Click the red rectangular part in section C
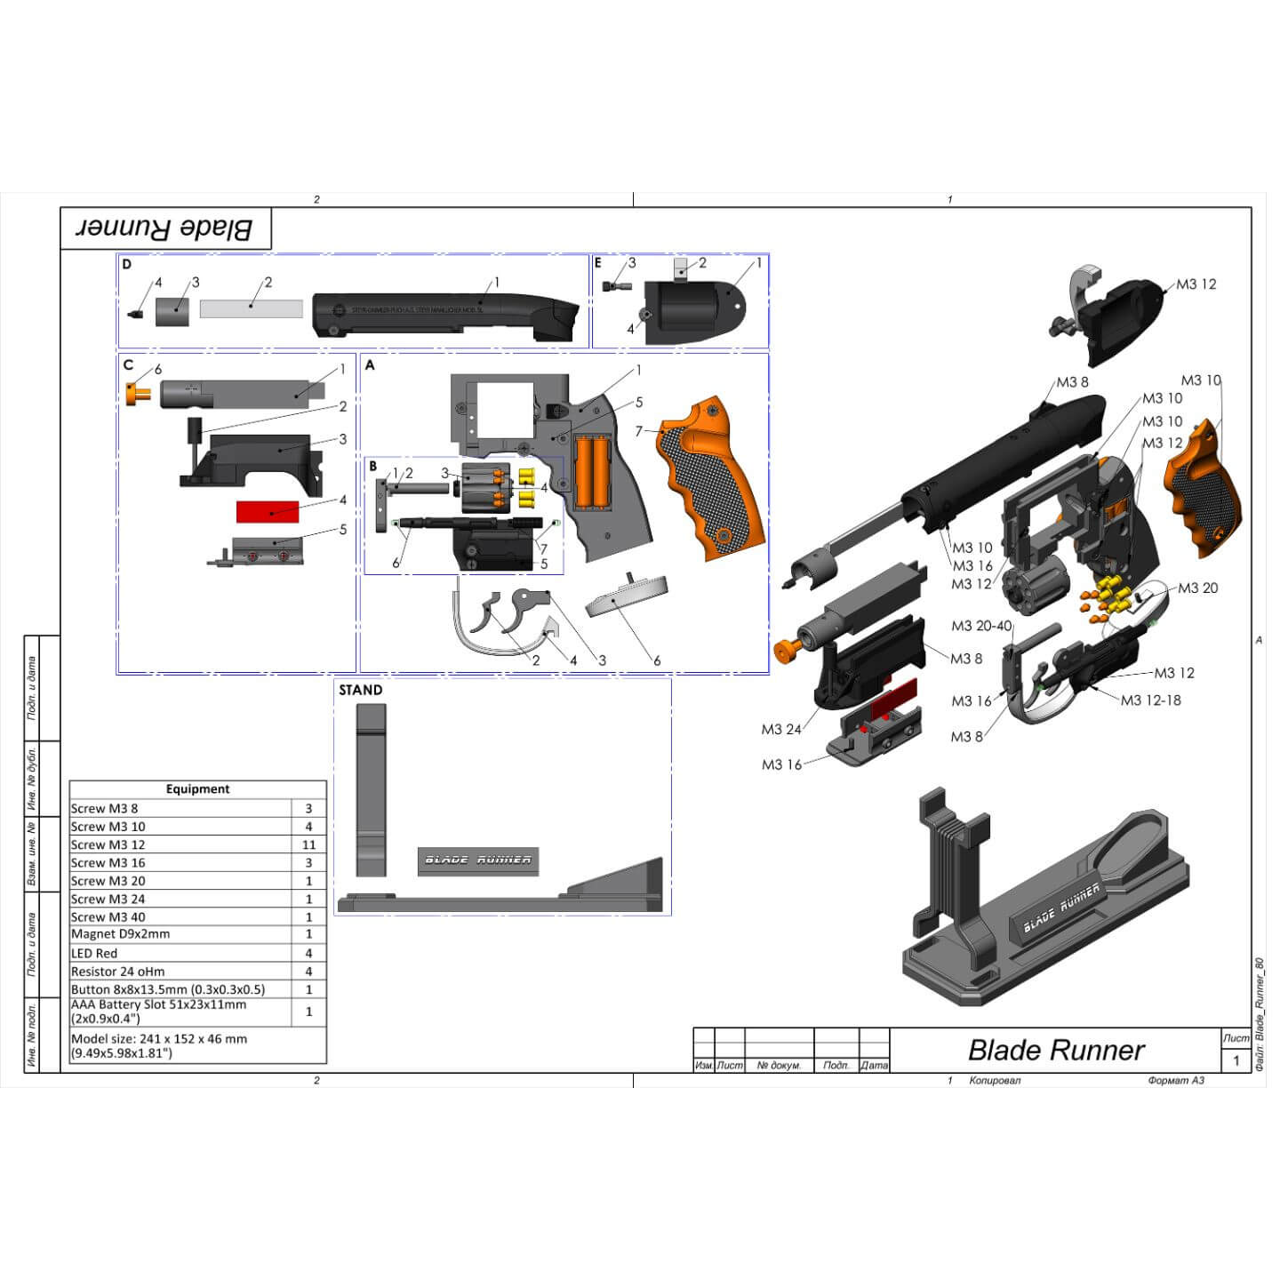click(267, 511)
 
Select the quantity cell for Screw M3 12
click(308, 844)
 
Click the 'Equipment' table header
click(197, 788)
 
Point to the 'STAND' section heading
click(360, 690)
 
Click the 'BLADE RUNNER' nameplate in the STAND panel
click(478, 860)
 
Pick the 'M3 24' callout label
click(780, 730)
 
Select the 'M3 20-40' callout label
click(980, 626)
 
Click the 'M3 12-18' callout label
click(1150, 700)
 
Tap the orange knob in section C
click(139, 394)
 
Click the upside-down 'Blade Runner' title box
click(165, 229)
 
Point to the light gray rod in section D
click(251, 309)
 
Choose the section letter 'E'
click(598, 263)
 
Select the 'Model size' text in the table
click(159, 1045)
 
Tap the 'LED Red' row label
click(94, 953)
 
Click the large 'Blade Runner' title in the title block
click(1055, 1050)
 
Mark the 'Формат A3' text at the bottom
click(1176, 1081)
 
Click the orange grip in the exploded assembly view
click(1204, 487)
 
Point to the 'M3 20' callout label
click(1197, 588)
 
